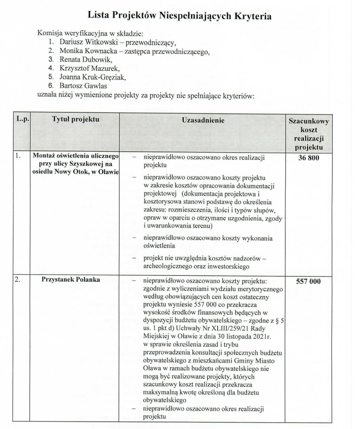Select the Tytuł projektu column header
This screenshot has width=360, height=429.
click(75, 120)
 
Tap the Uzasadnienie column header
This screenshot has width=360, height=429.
click(202, 121)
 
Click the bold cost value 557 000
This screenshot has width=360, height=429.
click(308, 281)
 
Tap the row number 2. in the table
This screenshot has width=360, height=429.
click(18, 280)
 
